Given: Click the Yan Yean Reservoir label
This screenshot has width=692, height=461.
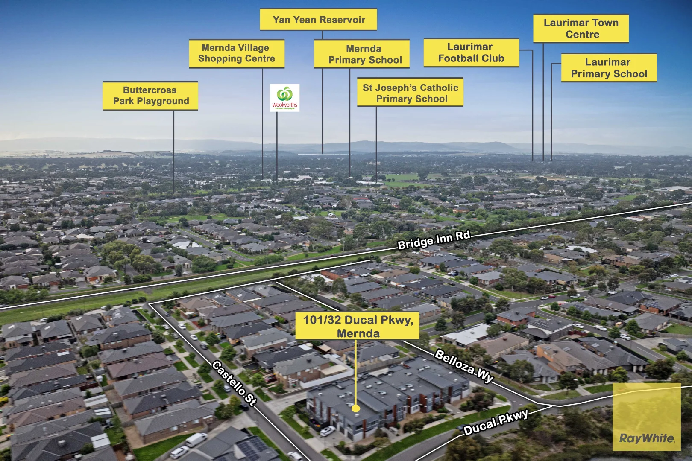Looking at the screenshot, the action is (x=318, y=20).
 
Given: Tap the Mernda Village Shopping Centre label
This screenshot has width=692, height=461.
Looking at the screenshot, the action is (x=237, y=53).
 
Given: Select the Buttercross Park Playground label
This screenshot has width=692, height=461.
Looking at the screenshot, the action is (x=150, y=96).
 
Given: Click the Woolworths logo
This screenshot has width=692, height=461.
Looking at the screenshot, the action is (x=284, y=98).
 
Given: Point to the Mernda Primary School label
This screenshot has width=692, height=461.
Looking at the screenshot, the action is (x=362, y=54).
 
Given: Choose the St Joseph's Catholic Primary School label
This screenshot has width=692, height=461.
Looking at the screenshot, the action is (x=410, y=92).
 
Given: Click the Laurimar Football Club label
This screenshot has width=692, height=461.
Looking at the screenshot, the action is (x=472, y=53).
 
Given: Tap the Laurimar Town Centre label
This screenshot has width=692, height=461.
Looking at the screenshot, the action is (x=581, y=29).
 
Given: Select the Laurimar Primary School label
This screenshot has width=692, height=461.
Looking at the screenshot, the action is (x=609, y=68).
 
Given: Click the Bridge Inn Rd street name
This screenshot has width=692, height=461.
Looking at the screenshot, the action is (x=434, y=240).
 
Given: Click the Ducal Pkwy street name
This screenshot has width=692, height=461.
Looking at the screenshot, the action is (x=496, y=422).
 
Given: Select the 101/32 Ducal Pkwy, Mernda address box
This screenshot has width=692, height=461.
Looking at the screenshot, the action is (x=358, y=326).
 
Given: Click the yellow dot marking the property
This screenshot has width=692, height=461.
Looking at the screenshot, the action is (x=356, y=408).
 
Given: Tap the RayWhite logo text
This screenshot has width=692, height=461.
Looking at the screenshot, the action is (x=647, y=438).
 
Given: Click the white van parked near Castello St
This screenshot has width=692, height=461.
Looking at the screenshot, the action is (x=196, y=440).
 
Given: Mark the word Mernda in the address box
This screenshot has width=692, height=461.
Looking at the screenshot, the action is (x=358, y=333).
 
